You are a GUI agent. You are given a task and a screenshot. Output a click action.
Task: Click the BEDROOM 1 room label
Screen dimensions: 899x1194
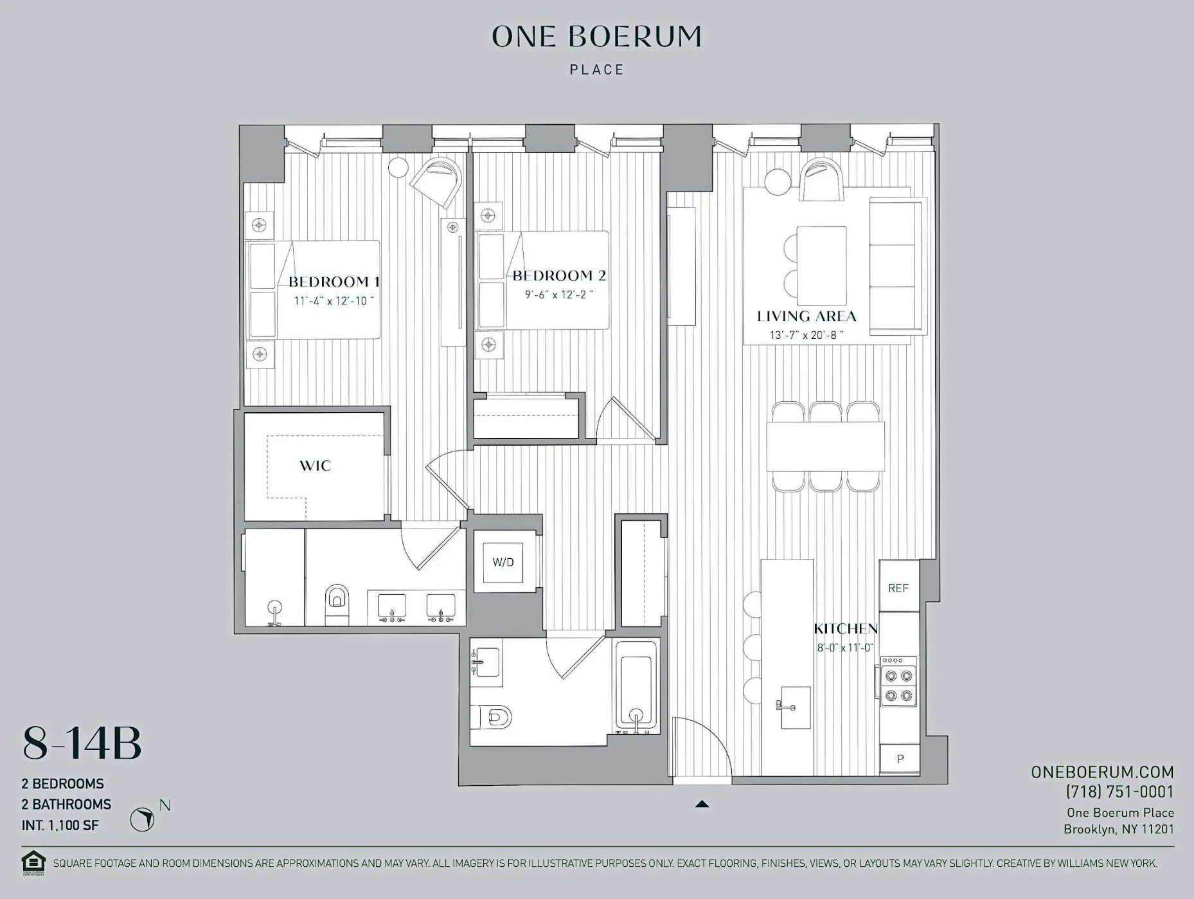tap(334, 282)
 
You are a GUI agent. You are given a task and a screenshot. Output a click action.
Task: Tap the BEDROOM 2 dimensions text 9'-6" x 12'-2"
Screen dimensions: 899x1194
tap(558, 295)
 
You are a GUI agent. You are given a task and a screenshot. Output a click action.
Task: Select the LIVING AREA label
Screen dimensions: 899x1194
tap(806, 316)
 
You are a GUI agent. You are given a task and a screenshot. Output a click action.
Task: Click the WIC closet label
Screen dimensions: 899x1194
tap(315, 466)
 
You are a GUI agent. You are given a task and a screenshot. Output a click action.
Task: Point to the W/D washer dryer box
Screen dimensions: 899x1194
tap(503, 562)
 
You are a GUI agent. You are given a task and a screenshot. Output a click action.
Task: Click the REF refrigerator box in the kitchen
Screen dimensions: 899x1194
tap(898, 588)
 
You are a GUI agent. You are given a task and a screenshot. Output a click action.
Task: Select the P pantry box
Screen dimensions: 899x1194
tap(900, 759)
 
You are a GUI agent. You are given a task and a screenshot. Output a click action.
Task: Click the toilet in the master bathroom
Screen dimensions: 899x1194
tap(337, 603)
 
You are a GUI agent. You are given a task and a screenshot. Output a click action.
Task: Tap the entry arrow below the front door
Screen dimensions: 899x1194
tap(702, 804)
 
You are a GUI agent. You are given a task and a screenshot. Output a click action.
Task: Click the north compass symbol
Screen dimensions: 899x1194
tap(142, 819)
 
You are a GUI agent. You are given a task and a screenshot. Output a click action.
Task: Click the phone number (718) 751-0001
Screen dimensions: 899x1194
tap(1119, 792)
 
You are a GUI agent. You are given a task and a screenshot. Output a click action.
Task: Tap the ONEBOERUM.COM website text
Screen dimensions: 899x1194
tap(1102, 772)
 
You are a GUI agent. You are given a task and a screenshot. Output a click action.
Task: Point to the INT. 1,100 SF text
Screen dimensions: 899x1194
tap(60, 825)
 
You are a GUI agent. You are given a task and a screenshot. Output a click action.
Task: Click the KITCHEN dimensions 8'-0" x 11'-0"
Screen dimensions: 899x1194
tap(845, 648)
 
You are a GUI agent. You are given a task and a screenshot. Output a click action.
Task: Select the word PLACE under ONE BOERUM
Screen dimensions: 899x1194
tap(596, 69)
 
